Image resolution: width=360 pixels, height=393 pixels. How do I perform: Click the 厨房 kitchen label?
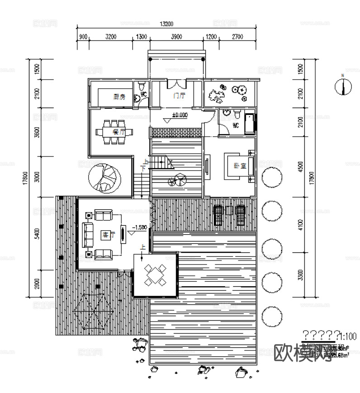119,96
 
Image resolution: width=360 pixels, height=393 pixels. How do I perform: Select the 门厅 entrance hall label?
179,96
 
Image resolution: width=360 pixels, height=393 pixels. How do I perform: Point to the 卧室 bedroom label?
240,166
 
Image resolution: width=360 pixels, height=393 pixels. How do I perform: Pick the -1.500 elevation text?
139,227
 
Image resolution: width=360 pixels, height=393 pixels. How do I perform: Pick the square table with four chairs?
155,275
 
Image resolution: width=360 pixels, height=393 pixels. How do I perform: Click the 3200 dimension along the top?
111,36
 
